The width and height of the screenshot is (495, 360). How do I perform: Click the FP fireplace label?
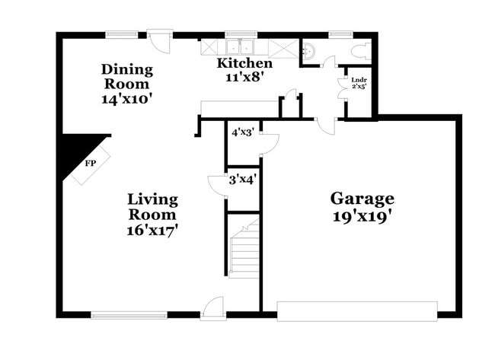tap(90, 163)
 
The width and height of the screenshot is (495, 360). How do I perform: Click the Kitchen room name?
tap(244, 63)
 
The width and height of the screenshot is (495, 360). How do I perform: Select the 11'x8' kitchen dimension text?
tap(244, 77)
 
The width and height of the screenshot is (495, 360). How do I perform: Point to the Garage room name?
tap(362, 199)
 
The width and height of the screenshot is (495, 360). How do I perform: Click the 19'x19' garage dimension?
tap(362, 215)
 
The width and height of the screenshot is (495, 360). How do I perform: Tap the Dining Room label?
tap(127, 77)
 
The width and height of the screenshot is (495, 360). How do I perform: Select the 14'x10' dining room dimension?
tap(127, 98)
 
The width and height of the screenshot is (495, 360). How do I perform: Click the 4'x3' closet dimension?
tap(242, 132)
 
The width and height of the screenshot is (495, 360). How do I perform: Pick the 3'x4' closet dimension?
tap(242, 181)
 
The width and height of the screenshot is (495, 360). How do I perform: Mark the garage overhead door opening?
tap(356, 311)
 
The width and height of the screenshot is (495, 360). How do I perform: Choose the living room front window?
tap(129, 314)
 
